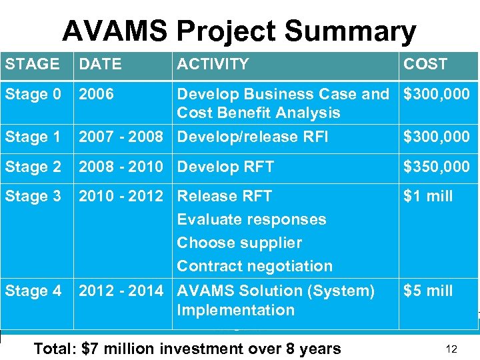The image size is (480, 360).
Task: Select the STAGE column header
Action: coord(33,65)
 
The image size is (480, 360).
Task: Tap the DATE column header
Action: coord(100,65)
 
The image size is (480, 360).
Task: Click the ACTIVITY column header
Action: coord(213,65)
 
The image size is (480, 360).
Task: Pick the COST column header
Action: coord(425,65)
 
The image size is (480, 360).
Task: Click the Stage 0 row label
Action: coord(33,95)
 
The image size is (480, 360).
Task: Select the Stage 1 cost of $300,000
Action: coord(436,137)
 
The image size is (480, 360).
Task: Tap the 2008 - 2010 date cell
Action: coord(121,167)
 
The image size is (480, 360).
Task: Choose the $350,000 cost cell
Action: coord(436,167)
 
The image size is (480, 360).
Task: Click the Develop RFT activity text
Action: coord(225,167)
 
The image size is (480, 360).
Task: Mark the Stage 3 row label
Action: coord(33,197)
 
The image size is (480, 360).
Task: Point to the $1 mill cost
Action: coord(428,197)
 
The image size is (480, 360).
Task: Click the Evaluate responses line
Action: coord(251,220)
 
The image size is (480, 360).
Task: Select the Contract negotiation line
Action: coord(255,267)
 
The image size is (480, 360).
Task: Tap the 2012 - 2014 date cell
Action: coord(121,291)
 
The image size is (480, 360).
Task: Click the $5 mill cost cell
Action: coord(428,291)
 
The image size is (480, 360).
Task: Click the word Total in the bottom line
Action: coord(55,349)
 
